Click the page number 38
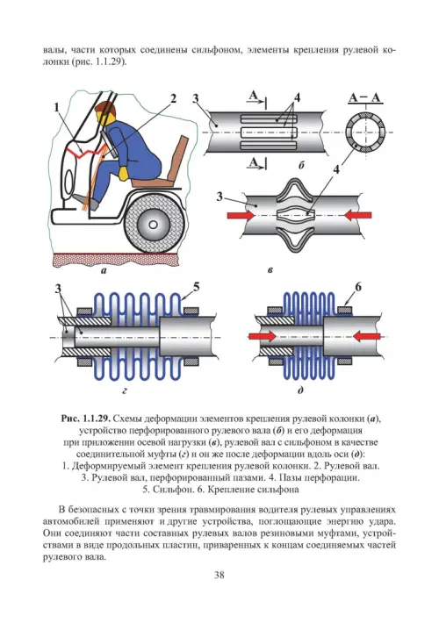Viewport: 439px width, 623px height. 219,575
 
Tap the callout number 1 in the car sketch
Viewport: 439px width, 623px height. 57,107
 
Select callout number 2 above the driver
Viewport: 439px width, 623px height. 173,98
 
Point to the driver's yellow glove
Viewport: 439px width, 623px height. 124,173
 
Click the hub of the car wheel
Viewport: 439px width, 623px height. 153,224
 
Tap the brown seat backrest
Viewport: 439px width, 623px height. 177,158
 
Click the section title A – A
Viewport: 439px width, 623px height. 365,97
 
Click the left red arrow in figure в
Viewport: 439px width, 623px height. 241,215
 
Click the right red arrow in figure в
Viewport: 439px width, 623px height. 358,215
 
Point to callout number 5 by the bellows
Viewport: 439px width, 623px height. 196,287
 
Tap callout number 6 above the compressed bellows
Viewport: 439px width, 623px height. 358,287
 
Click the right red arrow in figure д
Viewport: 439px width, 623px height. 367,337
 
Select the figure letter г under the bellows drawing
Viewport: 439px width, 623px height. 125,391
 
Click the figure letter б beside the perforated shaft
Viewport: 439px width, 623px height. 301,165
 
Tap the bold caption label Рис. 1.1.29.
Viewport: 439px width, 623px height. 85,419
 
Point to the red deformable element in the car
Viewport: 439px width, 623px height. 89,152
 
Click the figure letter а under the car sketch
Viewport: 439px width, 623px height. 104,271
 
